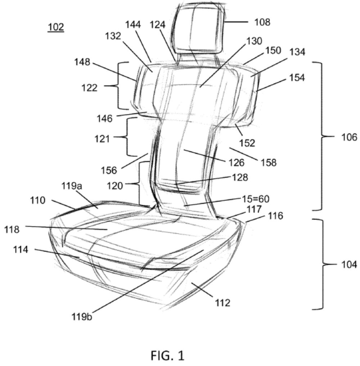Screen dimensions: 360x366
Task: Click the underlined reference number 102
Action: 56,27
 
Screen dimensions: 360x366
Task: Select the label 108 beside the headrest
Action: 262,22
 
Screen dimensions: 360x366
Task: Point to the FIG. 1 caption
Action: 167,356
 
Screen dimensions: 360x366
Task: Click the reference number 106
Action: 349,137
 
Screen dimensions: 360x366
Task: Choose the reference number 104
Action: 349,265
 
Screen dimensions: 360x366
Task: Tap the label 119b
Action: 82,317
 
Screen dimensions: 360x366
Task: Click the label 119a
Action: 72,186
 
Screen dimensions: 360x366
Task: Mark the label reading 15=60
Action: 256,199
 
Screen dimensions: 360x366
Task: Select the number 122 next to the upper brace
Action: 89,88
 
